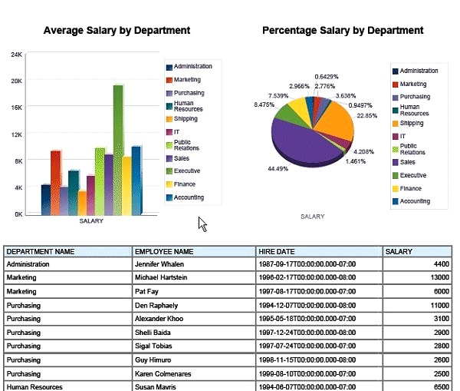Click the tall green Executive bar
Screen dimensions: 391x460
[x=118, y=150]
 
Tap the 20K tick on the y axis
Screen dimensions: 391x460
[x=16, y=81]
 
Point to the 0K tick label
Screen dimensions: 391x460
[x=17, y=214]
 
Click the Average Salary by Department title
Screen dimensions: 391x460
[x=117, y=31]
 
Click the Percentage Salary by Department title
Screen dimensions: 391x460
[x=343, y=31]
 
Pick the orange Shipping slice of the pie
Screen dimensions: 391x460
[x=337, y=123]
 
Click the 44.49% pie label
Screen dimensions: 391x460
[x=278, y=168]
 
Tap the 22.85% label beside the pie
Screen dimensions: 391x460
[x=367, y=115]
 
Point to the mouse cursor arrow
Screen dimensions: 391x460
[x=202, y=224]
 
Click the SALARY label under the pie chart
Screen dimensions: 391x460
[x=312, y=217]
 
